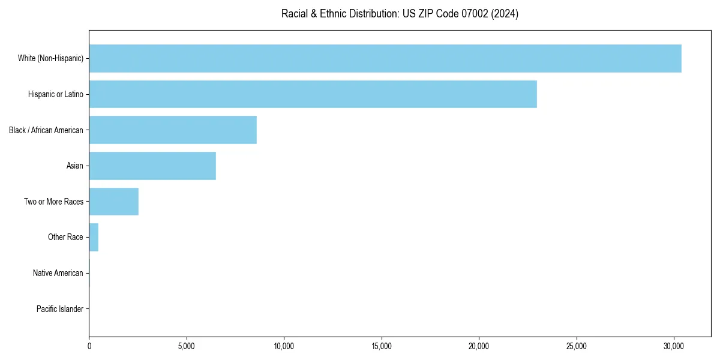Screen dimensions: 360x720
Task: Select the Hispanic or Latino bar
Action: pos(313,94)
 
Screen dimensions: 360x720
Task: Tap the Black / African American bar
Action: pos(173,130)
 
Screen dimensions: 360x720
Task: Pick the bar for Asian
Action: pos(152,166)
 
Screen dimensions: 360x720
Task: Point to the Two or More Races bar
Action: pos(114,202)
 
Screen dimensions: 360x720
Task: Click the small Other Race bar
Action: pos(94,238)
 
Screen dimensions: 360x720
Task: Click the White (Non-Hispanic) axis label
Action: pos(50,58)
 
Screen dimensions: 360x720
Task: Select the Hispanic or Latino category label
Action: pos(55,94)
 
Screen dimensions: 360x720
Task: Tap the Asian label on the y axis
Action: pos(74,166)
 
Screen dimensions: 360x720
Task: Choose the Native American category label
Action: pos(58,273)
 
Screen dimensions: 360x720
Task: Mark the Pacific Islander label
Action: pos(59,309)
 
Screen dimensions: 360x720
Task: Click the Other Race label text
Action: pos(65,238)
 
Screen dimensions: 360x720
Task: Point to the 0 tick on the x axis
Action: pos(89,346)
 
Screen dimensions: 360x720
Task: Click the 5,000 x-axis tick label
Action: pos(187,346)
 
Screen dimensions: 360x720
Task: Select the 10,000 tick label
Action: pos(284,346)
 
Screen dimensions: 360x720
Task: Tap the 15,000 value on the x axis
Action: pos(382,346)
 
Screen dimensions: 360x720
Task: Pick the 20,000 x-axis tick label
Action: pos(479,346)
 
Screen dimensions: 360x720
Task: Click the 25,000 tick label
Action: pos(577,346)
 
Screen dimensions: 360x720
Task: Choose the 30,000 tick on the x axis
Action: pos(674,346)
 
